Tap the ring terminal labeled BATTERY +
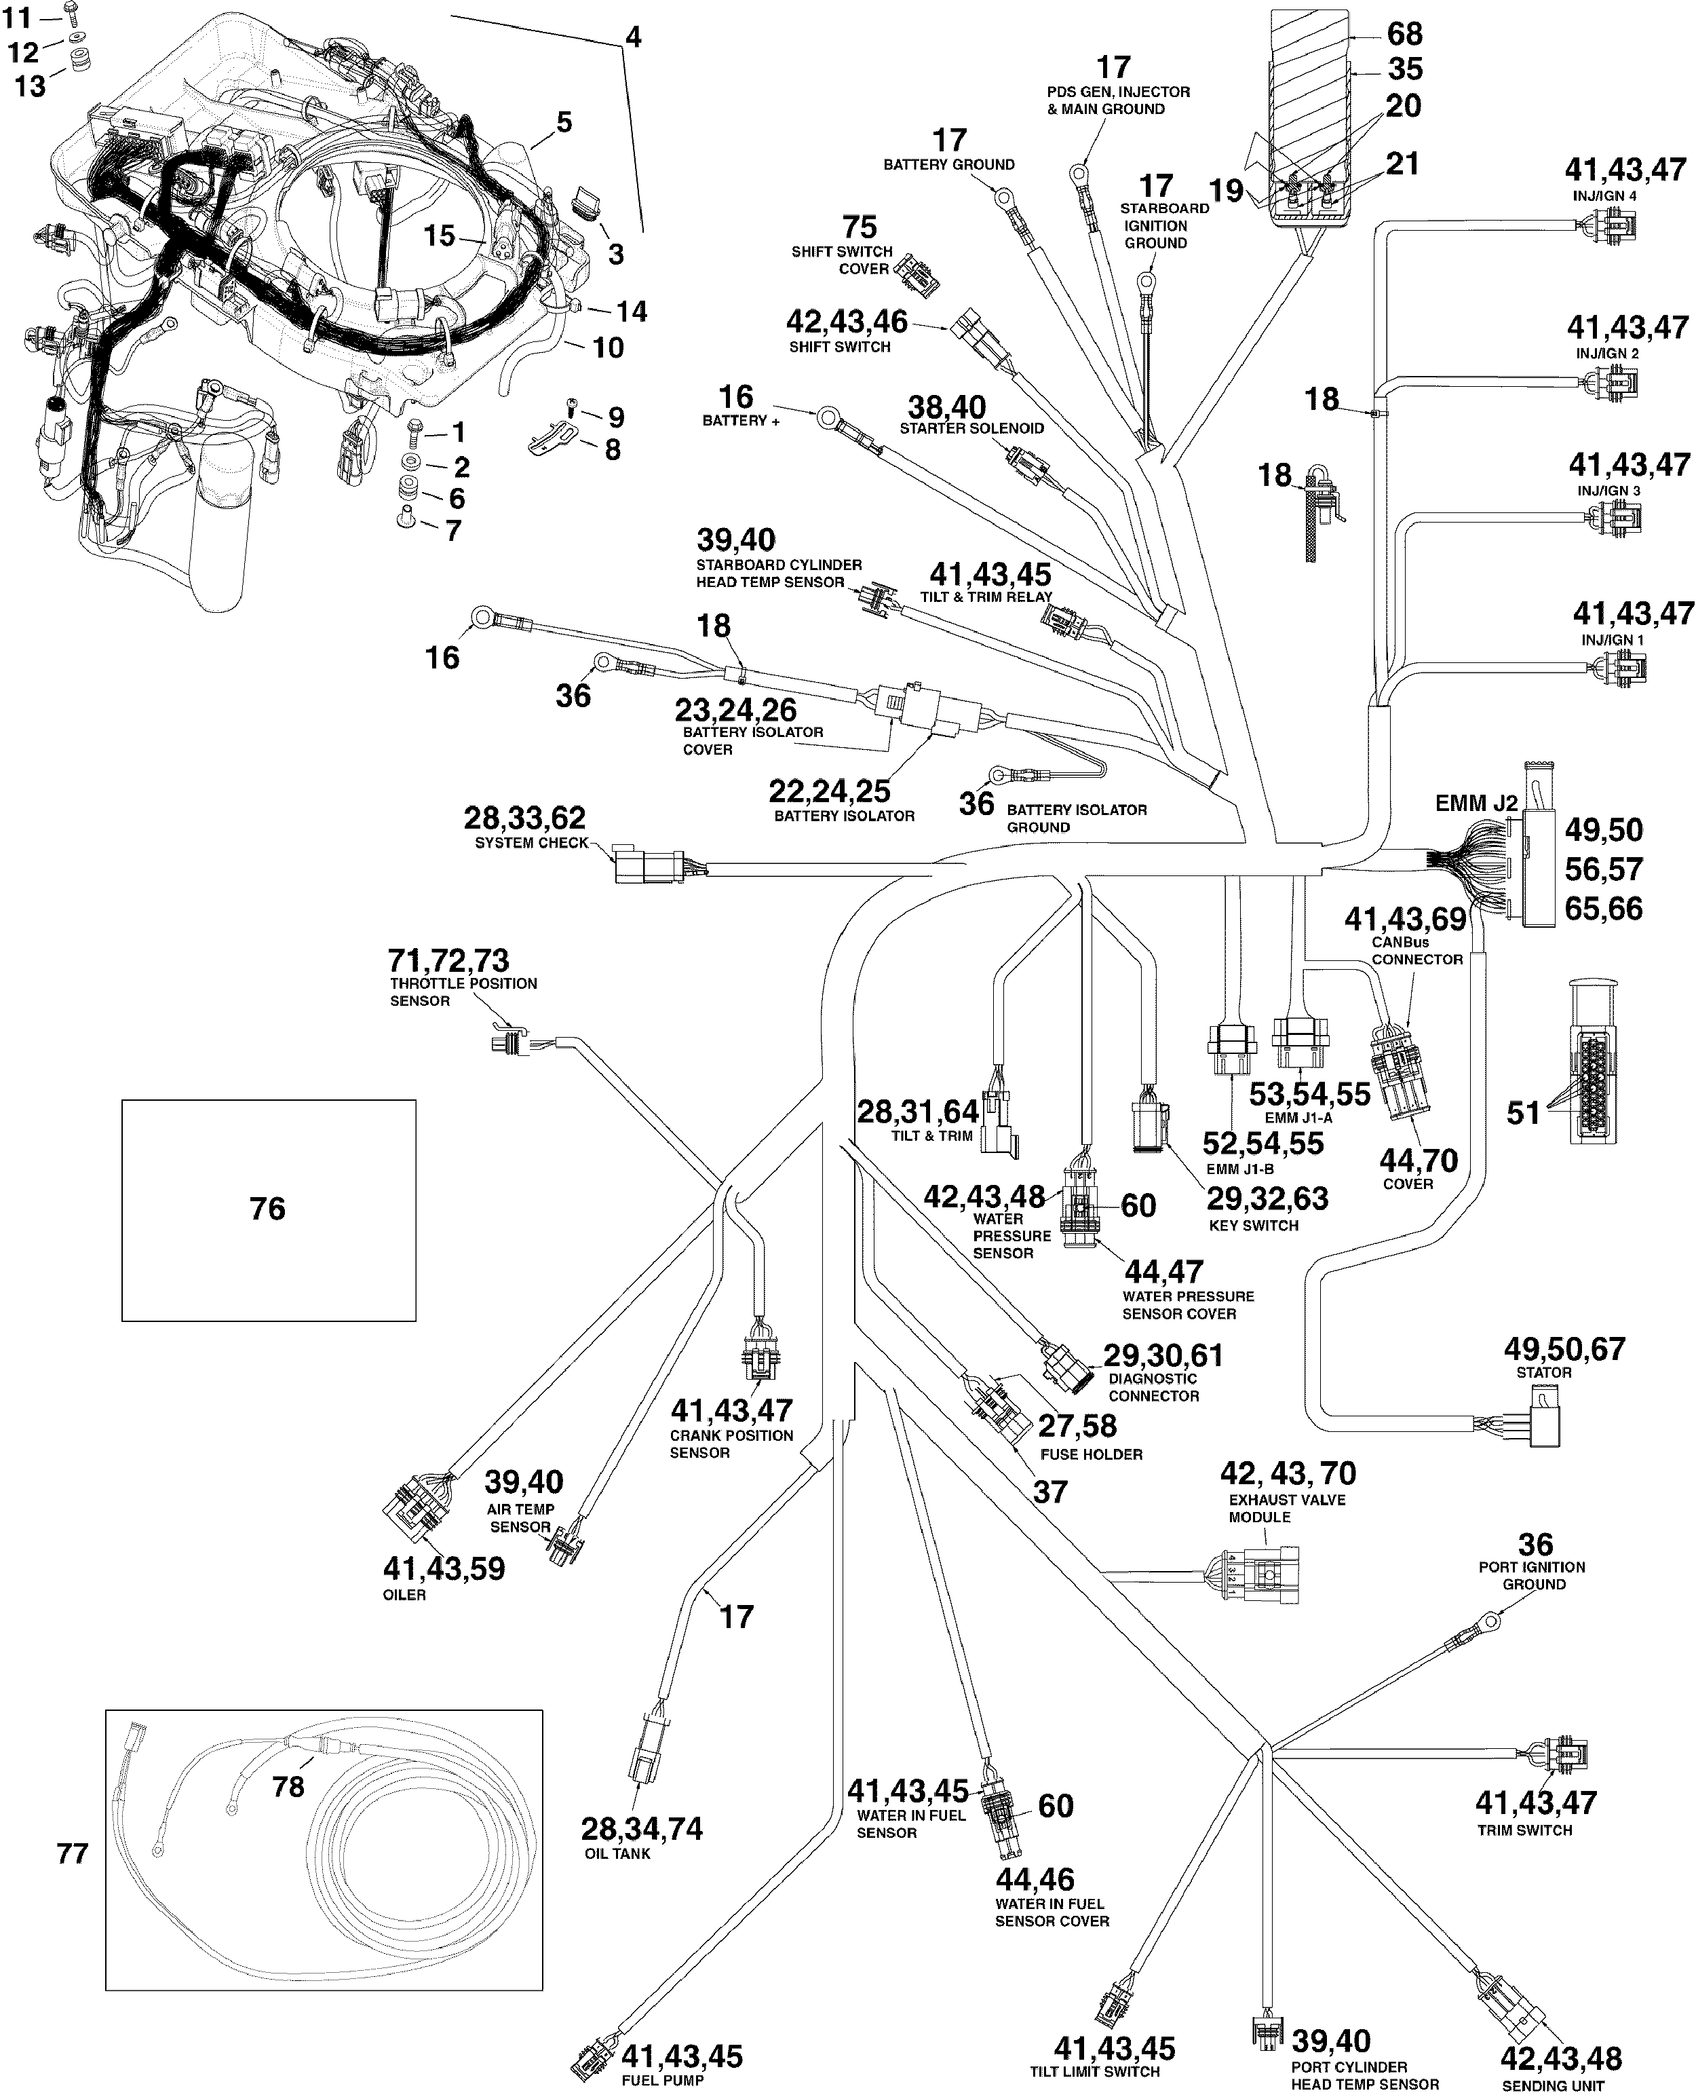(x=828, y=420)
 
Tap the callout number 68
(x=1405, y=34)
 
